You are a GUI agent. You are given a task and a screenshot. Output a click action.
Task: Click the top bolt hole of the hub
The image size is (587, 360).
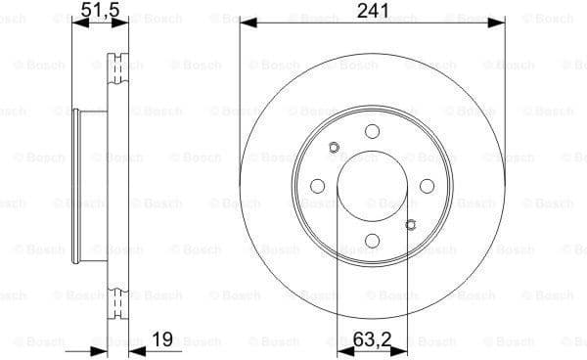coord(372,131)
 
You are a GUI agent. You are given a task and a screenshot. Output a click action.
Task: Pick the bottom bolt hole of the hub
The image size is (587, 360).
coord(372,242)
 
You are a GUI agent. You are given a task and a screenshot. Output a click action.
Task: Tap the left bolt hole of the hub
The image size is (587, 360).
coord(317,187)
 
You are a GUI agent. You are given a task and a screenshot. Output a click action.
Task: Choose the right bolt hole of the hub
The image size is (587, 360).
coord(428,187)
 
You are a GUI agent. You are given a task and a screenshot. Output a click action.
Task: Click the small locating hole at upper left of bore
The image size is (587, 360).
coord(334,149)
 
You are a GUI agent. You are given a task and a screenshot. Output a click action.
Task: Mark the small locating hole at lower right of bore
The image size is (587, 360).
coord(411,225)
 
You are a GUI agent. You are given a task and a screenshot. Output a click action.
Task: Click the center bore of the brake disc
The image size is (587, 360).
coord(372,187)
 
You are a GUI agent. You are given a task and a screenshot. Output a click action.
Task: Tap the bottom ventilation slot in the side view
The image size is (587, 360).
coord(119,302)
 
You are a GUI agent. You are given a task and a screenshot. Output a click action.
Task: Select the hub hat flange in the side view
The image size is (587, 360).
coord(78,186)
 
